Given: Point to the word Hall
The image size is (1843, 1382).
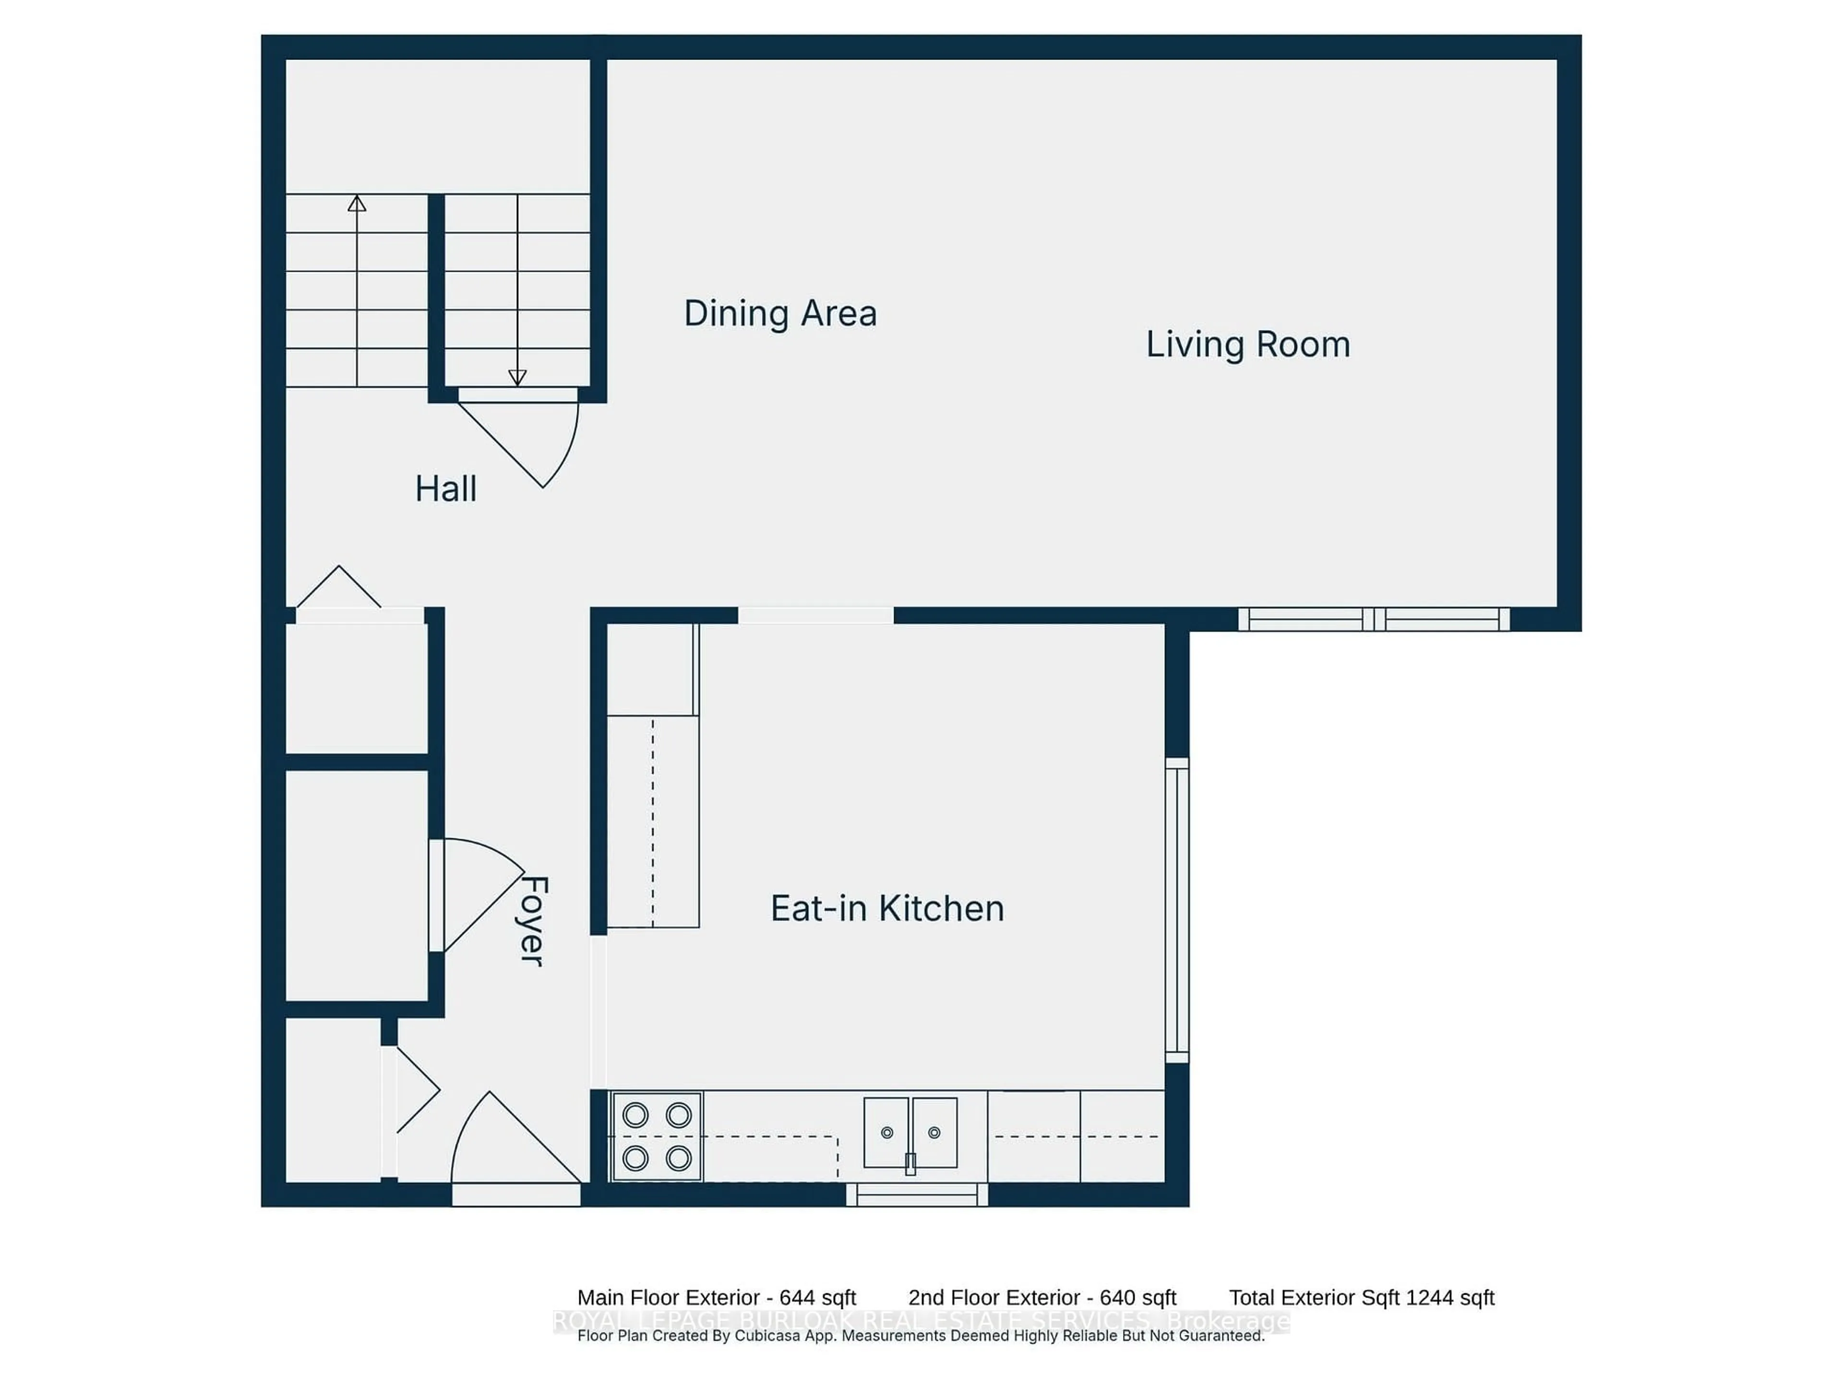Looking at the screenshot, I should (446, 489).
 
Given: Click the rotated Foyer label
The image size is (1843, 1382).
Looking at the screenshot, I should (532, 920).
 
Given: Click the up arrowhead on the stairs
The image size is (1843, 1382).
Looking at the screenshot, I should (357, 203).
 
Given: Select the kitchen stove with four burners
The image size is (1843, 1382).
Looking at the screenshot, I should (657, 1136).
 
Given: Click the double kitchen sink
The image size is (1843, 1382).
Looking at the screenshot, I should (910, 1133).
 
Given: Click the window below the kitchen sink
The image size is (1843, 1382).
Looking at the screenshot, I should (917, 1194).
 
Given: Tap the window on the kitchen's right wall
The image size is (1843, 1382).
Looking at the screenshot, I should (1176, 910).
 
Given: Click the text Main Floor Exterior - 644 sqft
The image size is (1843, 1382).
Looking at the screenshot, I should (717, 1298).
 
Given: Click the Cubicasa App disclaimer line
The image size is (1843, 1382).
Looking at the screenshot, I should (920, 1336).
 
